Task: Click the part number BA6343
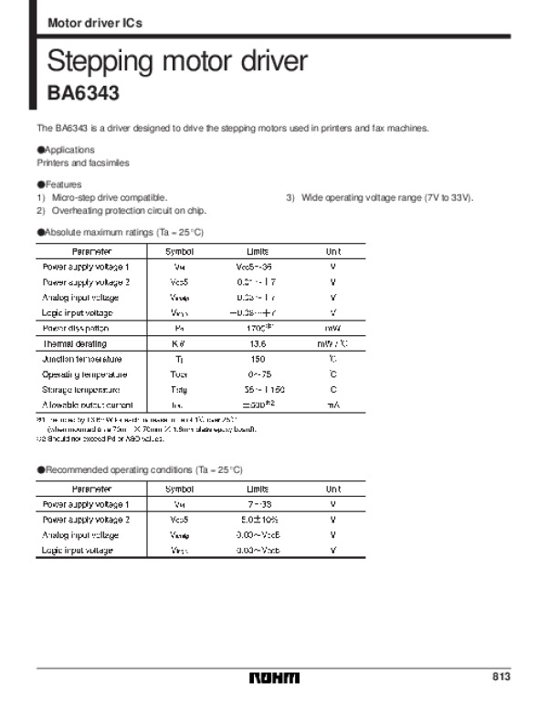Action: click(83, 92)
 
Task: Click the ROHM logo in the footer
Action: click(274, 677)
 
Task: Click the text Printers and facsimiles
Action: click(83, 163)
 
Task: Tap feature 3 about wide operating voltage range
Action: click(381, 197)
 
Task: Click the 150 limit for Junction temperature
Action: click(258, 359)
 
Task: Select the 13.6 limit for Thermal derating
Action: click(258, 343)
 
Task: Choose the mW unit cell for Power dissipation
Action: click(333, 328)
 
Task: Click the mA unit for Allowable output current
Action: click(333, 405)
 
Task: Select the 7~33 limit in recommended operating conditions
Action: click(258, 504)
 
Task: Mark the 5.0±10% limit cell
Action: click(258, 520)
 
